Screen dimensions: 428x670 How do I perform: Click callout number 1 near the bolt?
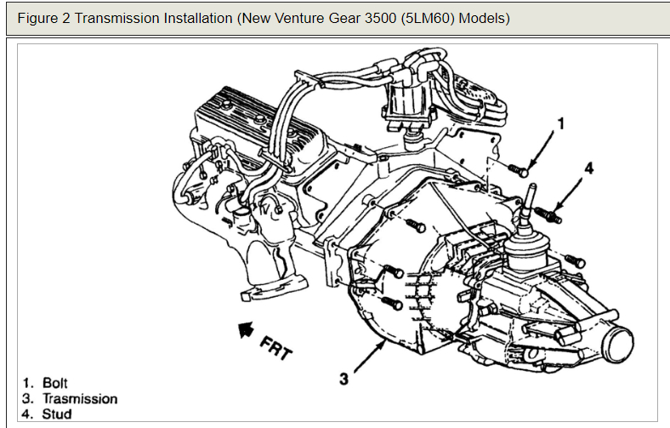[x=560, y=123]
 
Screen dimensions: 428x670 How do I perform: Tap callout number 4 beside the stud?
[x=589, y=168]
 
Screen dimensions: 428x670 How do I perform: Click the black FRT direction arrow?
[x=245, y=326]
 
